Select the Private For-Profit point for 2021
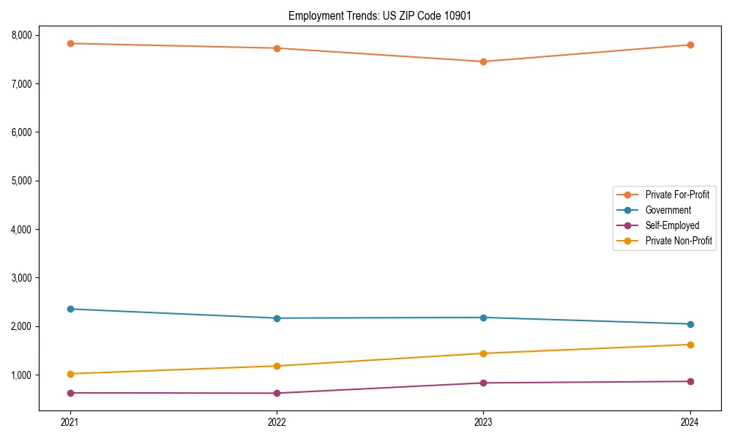[70, 43]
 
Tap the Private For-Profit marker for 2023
[483, 61]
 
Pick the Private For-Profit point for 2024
[690, 45]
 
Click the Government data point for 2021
[70, 309]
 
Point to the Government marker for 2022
[277, 318]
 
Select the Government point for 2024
[690, 324]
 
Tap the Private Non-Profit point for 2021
[70, 374]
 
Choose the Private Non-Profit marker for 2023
[483, 353]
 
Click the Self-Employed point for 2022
[277, 393]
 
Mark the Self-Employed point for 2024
[690, 381]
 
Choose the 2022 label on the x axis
[277, 421]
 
